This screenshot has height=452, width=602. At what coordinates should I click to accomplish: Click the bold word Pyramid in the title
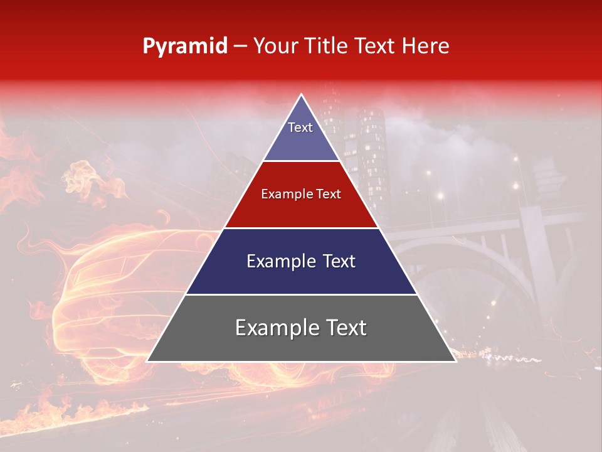[184, 46]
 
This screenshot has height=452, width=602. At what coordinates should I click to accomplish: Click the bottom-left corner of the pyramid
[147, 361]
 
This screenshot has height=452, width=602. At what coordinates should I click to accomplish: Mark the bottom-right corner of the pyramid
[455, 361]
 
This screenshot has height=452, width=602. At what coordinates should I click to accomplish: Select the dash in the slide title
[240, 46]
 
